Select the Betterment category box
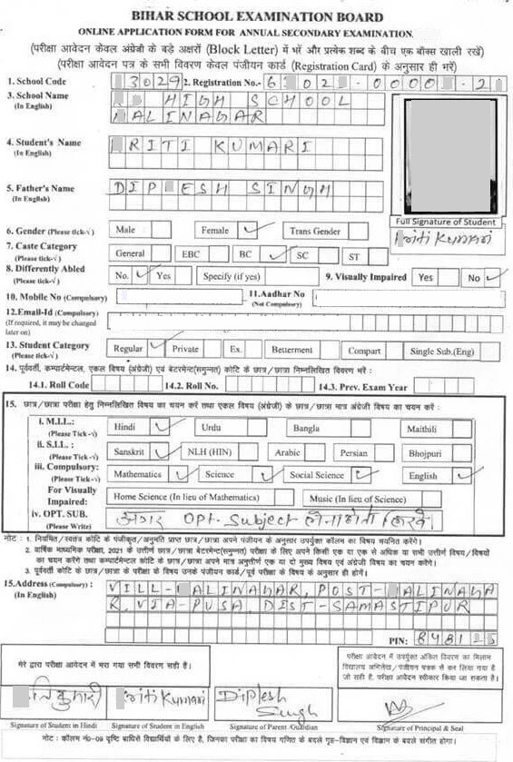[x=291, y=350]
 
